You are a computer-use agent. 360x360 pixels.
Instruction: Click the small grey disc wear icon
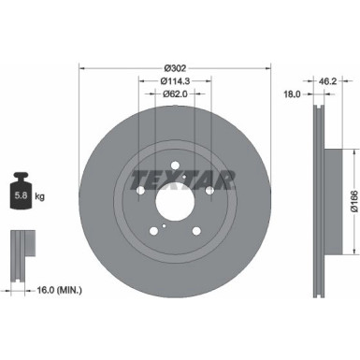(21, 245)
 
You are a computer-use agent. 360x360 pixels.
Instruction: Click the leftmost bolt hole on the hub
(140, 192)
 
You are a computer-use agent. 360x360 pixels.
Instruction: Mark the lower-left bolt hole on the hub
(153, 230)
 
